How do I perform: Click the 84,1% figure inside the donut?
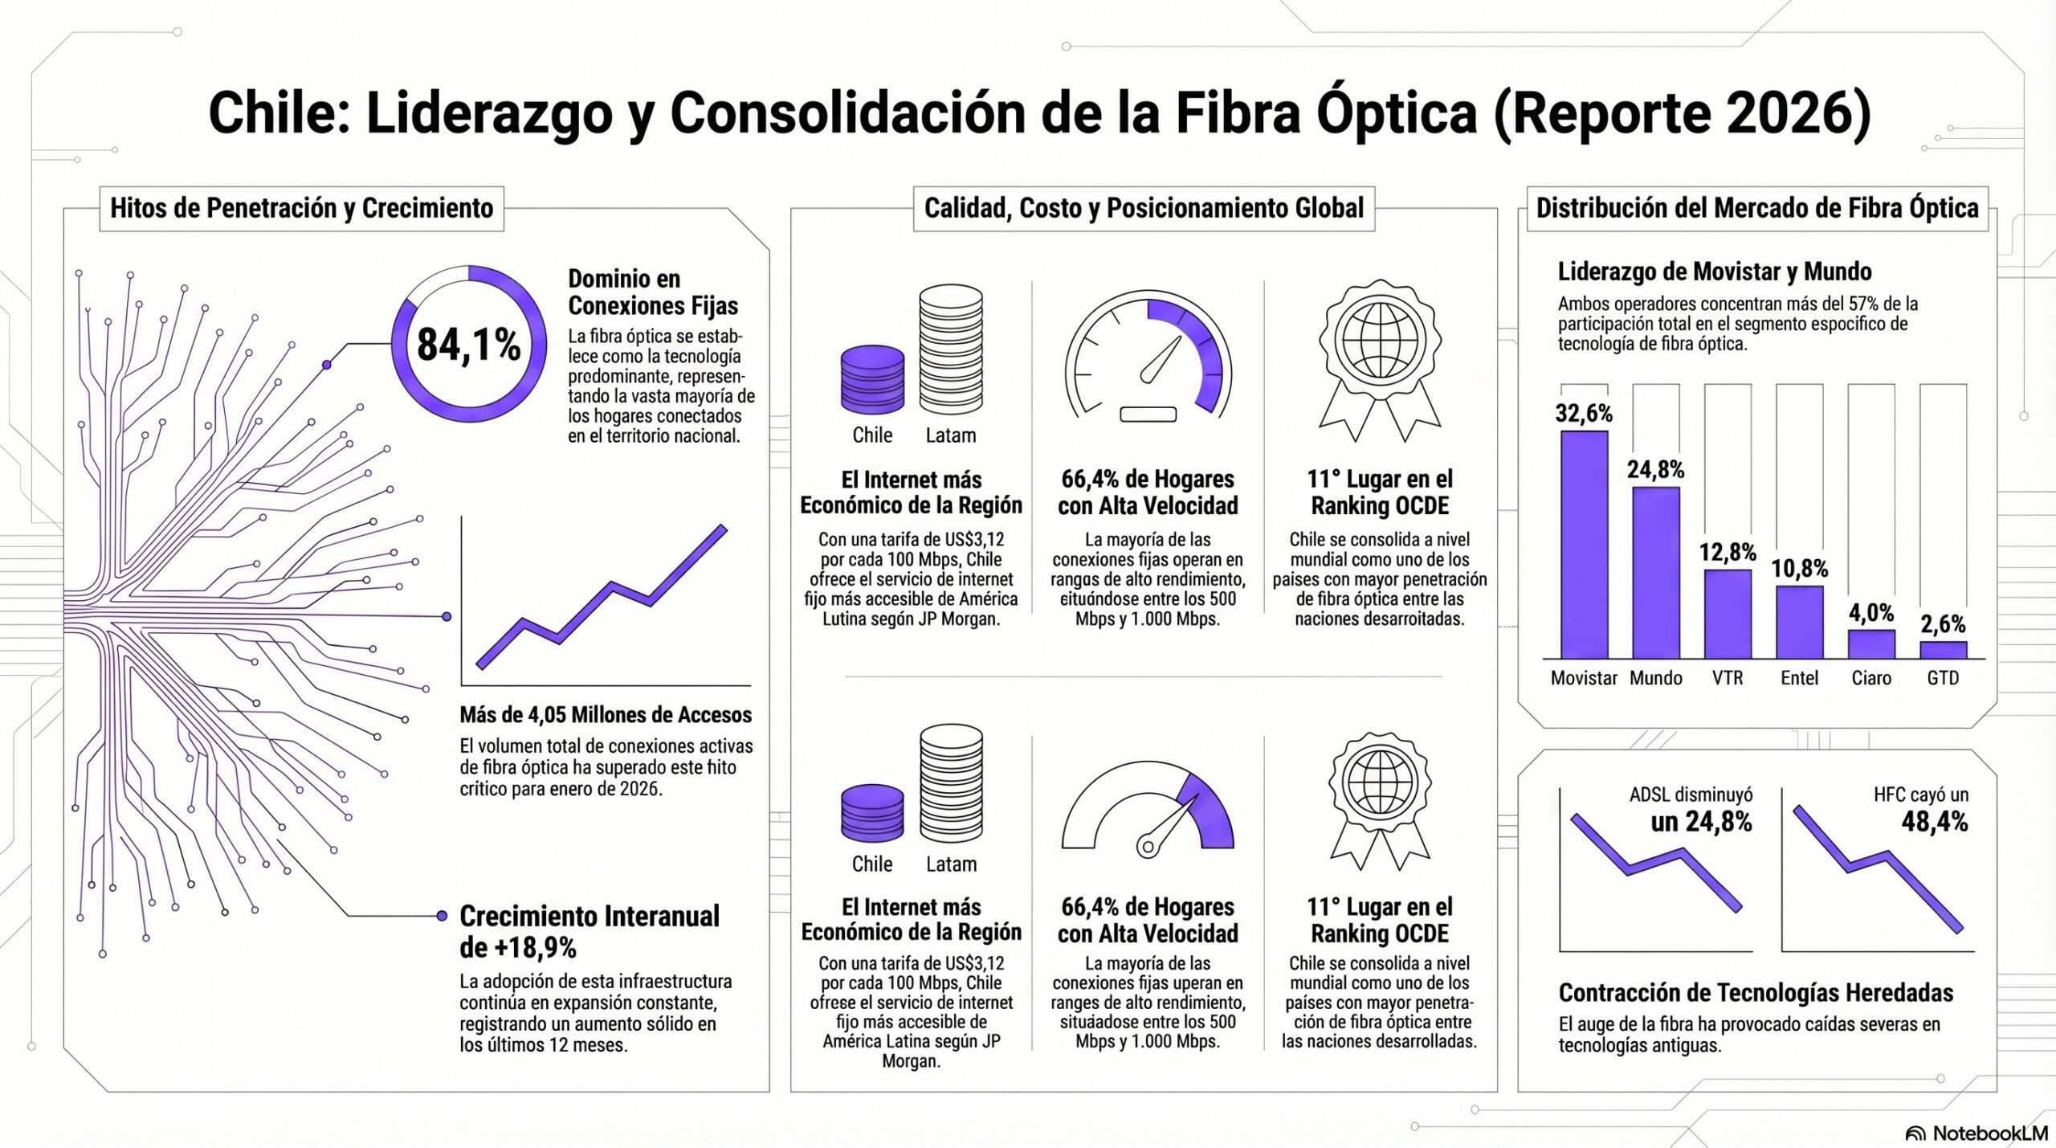pos(469,345)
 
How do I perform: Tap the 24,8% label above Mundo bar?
pos(1655,469)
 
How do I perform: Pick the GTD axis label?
pos(1943,678)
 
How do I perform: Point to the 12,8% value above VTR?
pos(1727,552)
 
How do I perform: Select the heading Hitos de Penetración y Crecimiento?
pos(301,208)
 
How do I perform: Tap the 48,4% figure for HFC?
pos(1934,822)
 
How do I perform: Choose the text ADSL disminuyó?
pos(1691,795)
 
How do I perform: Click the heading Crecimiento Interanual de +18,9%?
pos(589,931)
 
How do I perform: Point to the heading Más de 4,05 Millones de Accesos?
pos(606,714)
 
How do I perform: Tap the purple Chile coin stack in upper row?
pos(872,379)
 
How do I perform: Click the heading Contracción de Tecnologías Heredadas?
pos(1756,993)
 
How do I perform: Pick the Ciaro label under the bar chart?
pos(1871,678)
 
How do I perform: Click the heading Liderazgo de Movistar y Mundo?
pos(1715,272)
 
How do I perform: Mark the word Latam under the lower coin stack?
pos(951,864)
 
